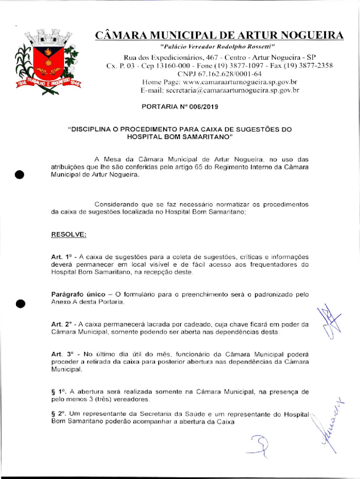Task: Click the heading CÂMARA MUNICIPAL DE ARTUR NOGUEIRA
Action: tap(219, 35)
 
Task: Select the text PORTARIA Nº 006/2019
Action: tap(180, 107)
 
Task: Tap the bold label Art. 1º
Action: tap(61, 257)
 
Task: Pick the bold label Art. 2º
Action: tap(61, 324)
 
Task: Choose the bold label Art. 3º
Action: tap(61, 354)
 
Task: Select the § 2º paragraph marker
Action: tap(58, 414)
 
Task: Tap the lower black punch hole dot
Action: tap(19, 303)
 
